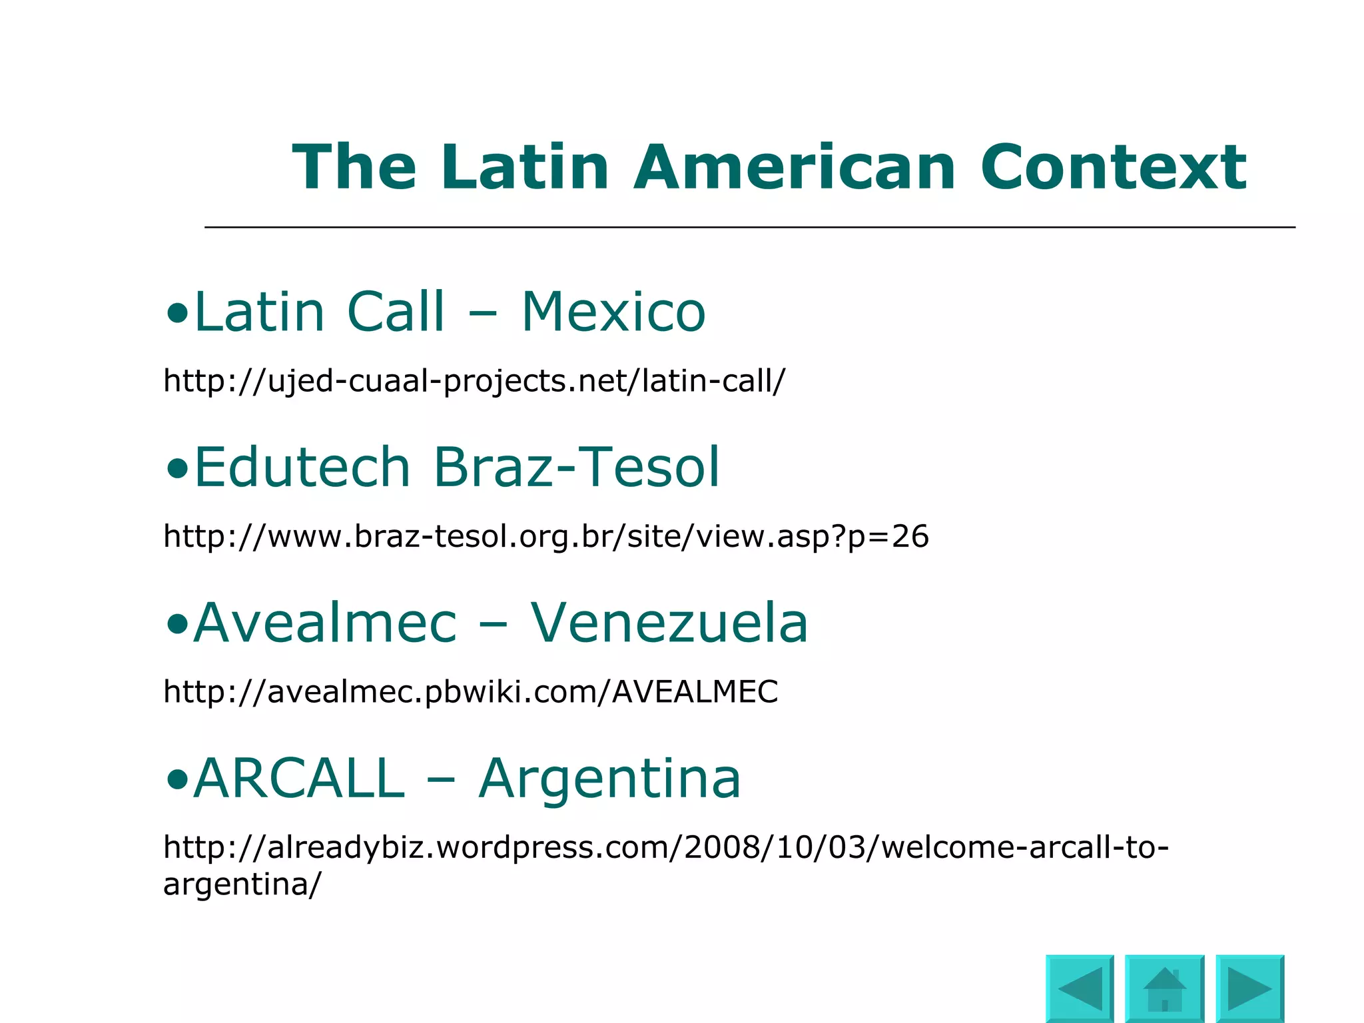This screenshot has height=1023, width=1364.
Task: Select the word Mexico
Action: pyautogui.click(x=613, y=312)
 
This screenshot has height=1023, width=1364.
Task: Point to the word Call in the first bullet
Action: pyautogui.click(x=396, y=312)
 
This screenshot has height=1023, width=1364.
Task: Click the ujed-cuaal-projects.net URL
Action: pyautogui.click(x=474, y=382)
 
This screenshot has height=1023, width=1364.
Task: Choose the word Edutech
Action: pyautogui.click(x=302, y=467)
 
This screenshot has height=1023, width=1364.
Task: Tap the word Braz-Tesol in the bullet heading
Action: pyautogui.click(x=577, y=467)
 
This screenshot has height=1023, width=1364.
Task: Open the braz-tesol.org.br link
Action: pyautogui.click(x=545, y=537)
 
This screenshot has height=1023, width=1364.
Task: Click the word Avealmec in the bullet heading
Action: pyautogui.click(x=325, y=623)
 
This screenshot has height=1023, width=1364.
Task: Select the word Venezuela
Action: pyautogui.click(x=669, y=623)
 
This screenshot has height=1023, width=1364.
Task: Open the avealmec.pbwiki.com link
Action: pyautogui.click(x=470, y=692)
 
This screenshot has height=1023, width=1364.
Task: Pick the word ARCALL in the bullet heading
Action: pyautogui.click(x=299, y=778)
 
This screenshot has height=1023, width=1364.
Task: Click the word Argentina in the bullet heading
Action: pyautogui.click(x=609, y=779)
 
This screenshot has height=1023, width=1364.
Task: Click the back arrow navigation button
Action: pyautogui.click(x=1080, y=988)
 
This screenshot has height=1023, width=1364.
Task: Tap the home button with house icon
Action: pyautogui.click(x=1164, y=988)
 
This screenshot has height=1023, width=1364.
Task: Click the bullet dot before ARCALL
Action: pyautogui.click(x=176, y=779)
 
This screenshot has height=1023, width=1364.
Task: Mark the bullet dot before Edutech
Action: pyautogui.click(x=176, y=469)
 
